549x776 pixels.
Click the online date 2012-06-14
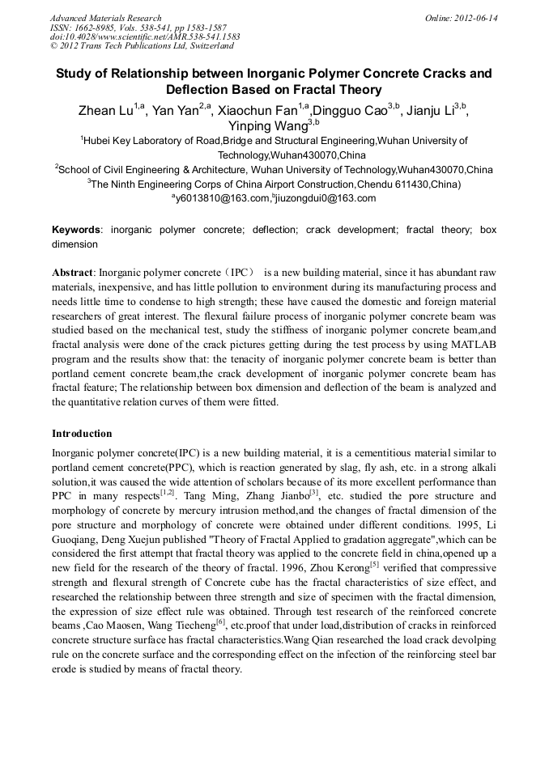tap(476, 18)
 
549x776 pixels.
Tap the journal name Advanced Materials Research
tap(105, 18)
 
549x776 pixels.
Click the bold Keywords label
tap(77, 230)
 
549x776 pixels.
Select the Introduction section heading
tap(82, 434)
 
